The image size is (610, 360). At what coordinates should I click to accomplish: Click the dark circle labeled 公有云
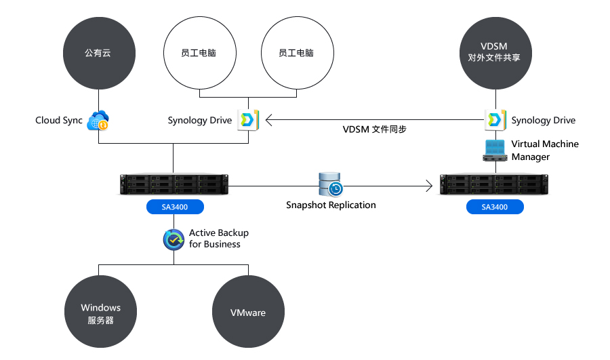tap(98, 52)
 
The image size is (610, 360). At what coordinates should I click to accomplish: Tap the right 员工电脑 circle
tap(296, 52)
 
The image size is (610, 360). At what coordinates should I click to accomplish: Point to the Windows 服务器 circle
tap(100, 313)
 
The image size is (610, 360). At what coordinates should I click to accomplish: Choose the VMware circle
tap(248, 313)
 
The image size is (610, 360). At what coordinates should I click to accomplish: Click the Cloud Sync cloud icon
tap(98, 121)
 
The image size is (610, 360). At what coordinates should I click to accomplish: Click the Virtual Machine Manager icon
tap(495, 151)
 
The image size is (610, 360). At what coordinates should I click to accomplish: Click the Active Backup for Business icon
tap(174, 239)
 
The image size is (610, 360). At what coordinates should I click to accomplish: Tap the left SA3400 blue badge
tap(175, 207)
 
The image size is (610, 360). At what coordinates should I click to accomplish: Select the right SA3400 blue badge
tap(495, 207)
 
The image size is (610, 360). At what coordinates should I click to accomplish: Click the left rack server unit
tap(174, 184)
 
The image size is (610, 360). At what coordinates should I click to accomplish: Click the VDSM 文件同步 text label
tap(375, 129)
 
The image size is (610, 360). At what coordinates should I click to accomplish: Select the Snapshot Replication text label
tap(331, 205)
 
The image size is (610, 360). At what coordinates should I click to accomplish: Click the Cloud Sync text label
tap(59, 121)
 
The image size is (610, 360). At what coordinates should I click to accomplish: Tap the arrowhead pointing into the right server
tap(429, 185)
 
